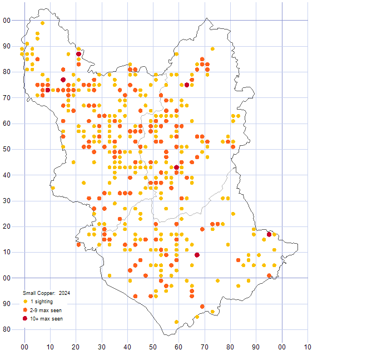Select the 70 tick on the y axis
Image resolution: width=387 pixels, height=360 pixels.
7,98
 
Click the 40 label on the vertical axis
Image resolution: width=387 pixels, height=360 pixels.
7,175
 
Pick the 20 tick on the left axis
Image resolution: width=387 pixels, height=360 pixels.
7,226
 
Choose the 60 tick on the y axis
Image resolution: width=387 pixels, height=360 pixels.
7,124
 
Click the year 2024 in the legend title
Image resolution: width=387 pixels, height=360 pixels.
64,293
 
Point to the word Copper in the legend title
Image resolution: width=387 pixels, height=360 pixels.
45,293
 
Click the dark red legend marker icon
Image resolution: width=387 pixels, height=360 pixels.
25,318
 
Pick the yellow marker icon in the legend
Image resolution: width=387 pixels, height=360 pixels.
25,302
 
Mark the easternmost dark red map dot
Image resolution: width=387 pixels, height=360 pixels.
269,234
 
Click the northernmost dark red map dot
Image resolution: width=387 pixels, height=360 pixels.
79,54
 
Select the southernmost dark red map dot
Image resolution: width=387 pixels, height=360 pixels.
197,255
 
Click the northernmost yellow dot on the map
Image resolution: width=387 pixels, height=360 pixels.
43,23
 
